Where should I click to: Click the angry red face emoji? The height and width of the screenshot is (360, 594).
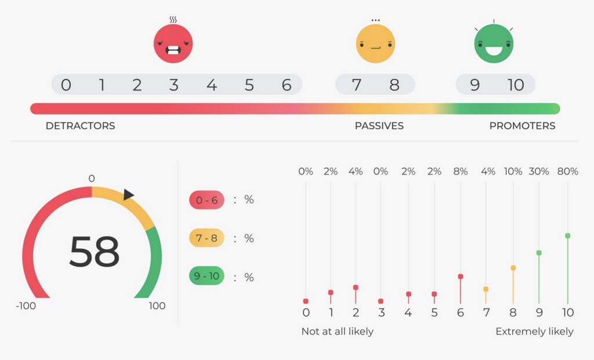[x=173, y=43]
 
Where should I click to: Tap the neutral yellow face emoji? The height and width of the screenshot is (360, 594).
[x=375, y=43]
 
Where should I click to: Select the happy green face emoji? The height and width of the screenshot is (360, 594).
[x=494, y=43]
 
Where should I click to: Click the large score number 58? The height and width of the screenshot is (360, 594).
[x=94, y=252]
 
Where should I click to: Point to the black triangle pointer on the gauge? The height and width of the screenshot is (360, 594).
[x=129, y=195]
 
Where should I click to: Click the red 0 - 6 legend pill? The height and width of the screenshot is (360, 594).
[x=207, y=199]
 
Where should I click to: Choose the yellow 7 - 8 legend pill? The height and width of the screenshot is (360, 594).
[x=207, y=238]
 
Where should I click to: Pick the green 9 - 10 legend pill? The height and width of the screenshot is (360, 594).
[x=207, y=277]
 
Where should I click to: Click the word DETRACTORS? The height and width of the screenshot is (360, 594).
[x=80, y=126]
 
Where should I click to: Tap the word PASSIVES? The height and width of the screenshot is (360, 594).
[x=379, y=126]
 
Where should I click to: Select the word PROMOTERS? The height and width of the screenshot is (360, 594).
[x=522, y=126]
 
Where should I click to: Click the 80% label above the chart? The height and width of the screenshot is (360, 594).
[x=567, y=172]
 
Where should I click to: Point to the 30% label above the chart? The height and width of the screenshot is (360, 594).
[x=539, y=172]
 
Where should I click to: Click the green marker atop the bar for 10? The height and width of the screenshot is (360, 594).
[x=568, y=236]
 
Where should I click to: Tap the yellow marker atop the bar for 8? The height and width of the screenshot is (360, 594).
[x=513, y=268]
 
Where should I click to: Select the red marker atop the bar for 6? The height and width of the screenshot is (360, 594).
[x=461, y=277]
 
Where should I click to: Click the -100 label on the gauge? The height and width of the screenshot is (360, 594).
[x=26, y=306]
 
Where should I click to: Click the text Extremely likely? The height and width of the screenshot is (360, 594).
[x=534, y=332]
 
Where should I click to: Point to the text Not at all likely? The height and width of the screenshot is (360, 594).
[x=338, y=332]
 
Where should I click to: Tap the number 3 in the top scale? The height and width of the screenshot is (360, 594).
[x=173, y=85]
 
